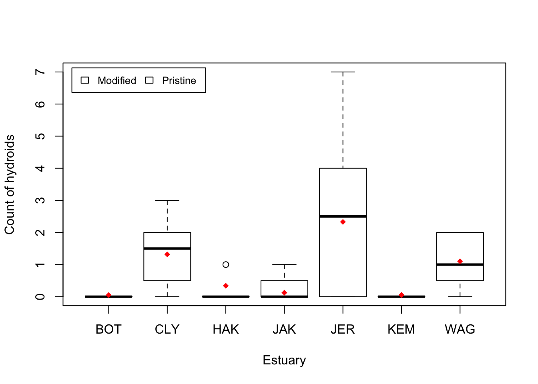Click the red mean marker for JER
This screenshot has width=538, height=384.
click(x=343, y=222)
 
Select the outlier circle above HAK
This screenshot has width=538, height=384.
click(x=226, y=264)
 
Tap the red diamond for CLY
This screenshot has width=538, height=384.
click(x=167, y=254)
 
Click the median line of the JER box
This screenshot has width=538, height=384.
click(x=343, y=216)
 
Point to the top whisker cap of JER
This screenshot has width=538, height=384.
click(x=343, y=72)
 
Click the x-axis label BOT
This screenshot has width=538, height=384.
click(x=108, y=329)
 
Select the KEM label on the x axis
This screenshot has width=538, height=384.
click(x=401, y=329)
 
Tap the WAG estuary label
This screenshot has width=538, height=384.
click(x=460, y=329)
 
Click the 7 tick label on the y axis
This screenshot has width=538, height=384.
click(x=40, y=72)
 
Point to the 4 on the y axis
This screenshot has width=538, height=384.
click(x=40, y=168)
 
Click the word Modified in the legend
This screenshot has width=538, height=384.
click(x=117, y=81)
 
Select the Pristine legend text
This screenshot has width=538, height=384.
click(x=179, y=81)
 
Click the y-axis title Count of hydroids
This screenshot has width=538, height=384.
click(x=10, y=184)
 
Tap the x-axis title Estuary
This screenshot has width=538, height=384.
click(x=284, y=360)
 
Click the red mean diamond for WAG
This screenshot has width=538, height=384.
click(x=460, y=261)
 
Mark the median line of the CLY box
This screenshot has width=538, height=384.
click(x=167, y=248)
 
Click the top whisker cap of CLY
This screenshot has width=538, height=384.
click(x=167, y=200)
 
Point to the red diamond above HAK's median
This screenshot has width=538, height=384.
click(x=226, y=286)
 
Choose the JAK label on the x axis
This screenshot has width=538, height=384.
click(x=284, y=329)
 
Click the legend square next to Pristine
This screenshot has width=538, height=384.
click(x=149, y=80)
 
